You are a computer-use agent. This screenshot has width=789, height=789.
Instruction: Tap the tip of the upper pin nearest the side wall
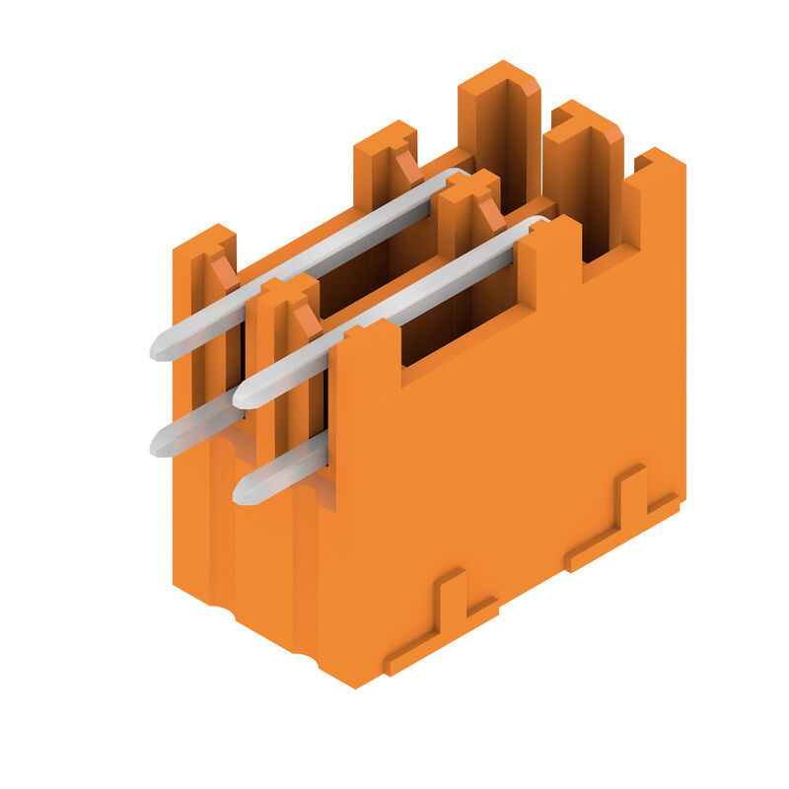click(x=243, y=395)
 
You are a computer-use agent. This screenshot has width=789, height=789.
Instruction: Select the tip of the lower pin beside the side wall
click(x=243, y=491)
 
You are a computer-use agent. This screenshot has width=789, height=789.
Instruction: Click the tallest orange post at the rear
click(x=499, y=128)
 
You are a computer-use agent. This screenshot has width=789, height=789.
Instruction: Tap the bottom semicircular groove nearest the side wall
click(x=307, y=652)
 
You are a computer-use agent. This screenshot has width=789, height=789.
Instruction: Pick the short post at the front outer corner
click(x=202, y=296)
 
